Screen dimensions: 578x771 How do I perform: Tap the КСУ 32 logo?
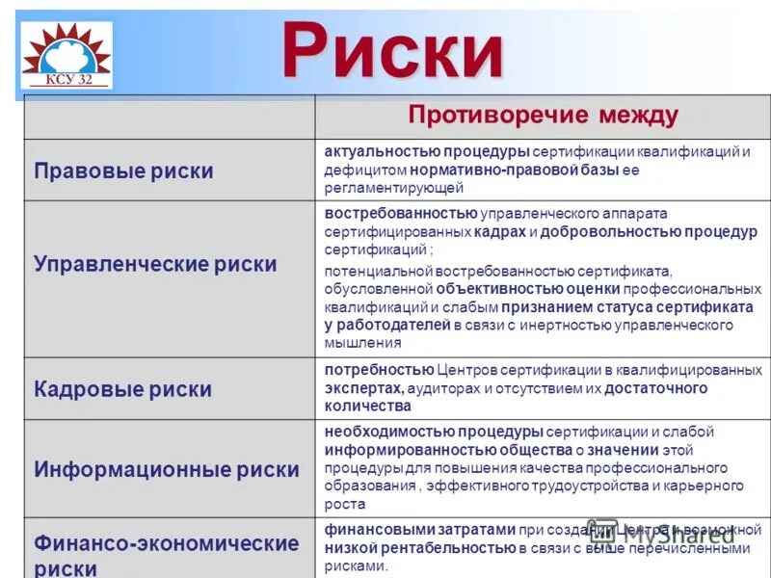66,54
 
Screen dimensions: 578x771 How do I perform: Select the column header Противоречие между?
543,116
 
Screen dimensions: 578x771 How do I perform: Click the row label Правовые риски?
123,171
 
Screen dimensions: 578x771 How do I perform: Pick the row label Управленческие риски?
155,264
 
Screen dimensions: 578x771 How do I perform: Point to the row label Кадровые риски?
122,389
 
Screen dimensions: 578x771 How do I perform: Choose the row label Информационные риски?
167,470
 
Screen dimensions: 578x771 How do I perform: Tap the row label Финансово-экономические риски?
167,555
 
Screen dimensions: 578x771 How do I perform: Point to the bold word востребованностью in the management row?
401,213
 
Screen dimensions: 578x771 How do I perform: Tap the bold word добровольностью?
610,231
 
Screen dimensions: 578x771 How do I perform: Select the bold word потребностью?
379,370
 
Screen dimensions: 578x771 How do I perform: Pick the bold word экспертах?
363,388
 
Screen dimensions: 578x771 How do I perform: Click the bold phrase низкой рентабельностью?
419,548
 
